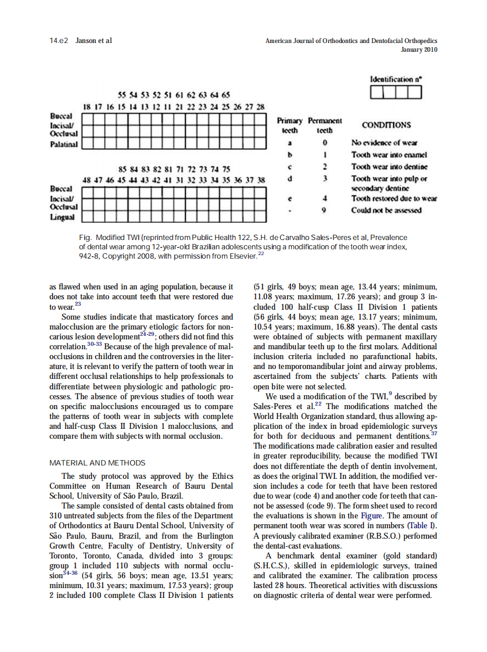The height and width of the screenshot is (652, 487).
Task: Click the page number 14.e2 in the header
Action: click(59, 41)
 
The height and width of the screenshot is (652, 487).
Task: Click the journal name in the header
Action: click(351, 41)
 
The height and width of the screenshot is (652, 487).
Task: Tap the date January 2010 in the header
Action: click(419, 49)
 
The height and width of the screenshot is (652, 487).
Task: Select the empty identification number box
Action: click(396, 92)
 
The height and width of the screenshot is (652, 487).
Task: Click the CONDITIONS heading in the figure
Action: click(386, 125)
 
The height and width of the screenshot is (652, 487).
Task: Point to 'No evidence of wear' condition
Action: click(384, 143)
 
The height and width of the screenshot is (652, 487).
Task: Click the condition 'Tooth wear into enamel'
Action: click(389, 155)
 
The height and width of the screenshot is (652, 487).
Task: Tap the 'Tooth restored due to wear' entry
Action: click(394, 199)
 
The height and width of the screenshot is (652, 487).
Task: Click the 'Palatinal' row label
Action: click(64, 143)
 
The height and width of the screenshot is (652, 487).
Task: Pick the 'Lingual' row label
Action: click(62, 217)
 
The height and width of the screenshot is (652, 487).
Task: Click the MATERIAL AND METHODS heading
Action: click(97, 463)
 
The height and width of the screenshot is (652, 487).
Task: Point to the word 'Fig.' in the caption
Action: click(85, 238)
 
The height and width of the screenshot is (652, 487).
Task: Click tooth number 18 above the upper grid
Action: click(87, 108)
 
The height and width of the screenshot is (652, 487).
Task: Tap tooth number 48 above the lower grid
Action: click(87, 180)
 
